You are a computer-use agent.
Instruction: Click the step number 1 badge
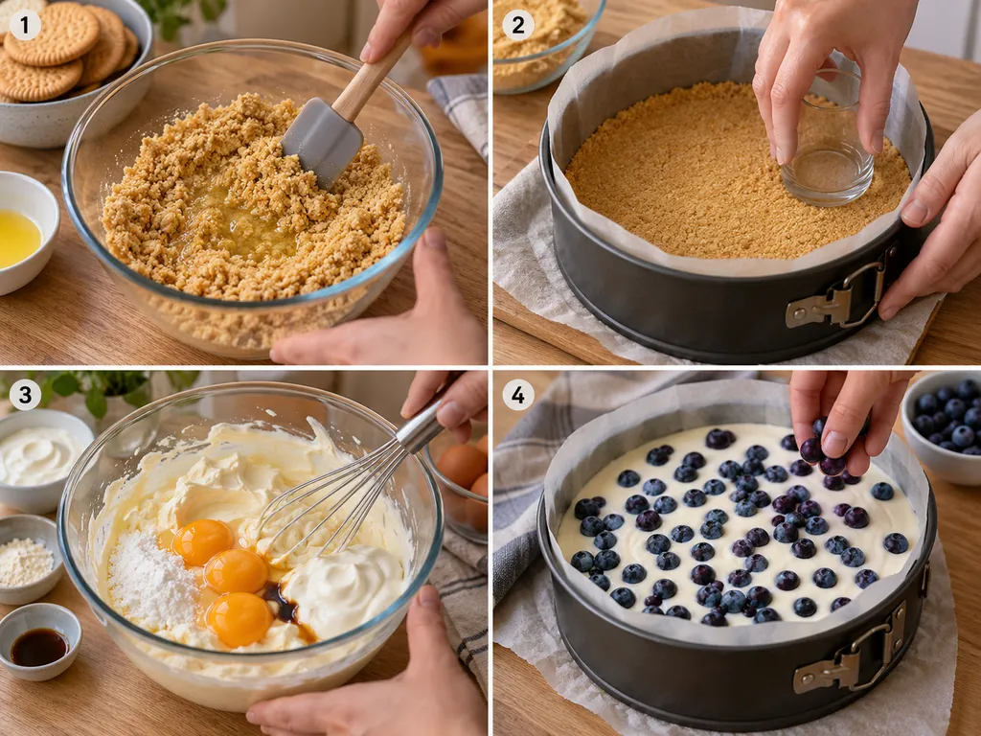[25, 25]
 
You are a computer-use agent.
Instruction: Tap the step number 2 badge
[518, 25]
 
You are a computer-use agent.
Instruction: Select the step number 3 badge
[25, 395]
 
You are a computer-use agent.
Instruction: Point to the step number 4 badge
[518, 395]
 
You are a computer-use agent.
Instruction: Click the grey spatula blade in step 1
[322, 144]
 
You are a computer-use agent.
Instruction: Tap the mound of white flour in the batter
[152, 582]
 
